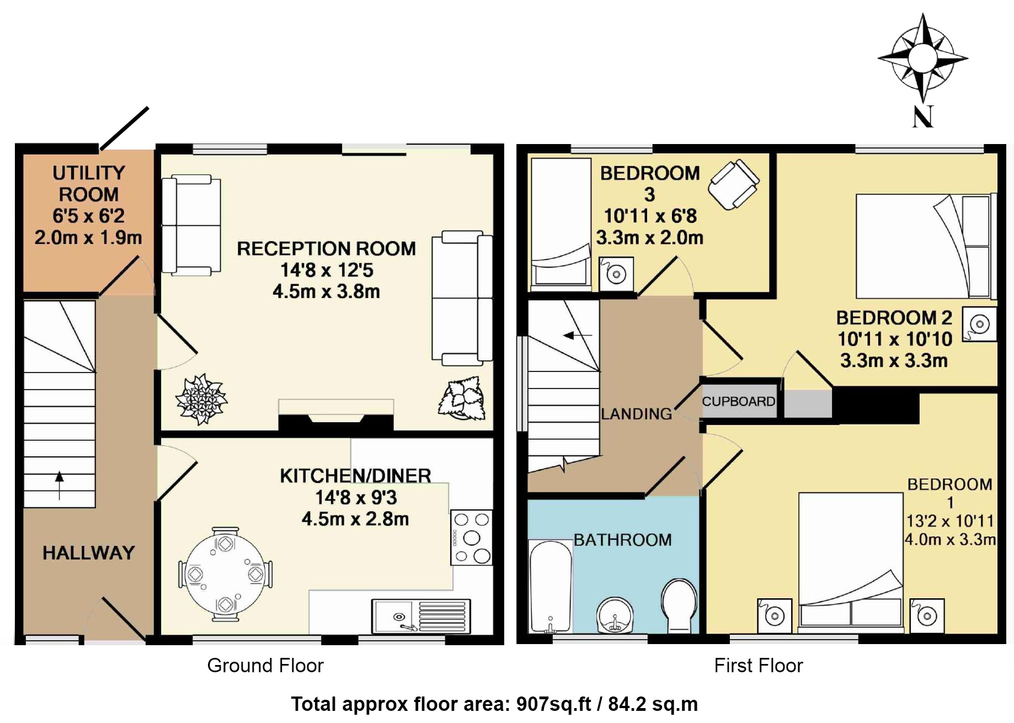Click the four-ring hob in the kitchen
471,538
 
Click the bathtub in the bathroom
550,586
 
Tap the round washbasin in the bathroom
615,615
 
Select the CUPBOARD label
738,401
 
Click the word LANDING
636,414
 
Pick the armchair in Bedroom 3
734,184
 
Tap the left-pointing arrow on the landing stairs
576,335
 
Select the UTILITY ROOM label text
88,184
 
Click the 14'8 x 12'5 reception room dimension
327,270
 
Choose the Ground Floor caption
265,666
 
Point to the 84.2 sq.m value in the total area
653,704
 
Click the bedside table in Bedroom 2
979,324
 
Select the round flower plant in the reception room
201,398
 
